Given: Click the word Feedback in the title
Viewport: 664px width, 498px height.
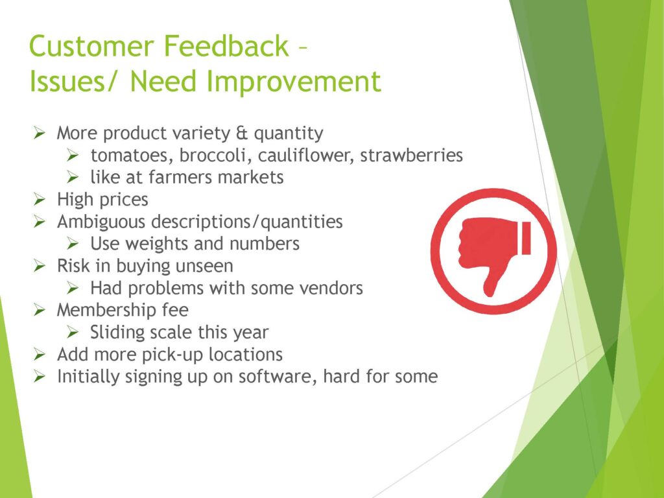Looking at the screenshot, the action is [226, 46].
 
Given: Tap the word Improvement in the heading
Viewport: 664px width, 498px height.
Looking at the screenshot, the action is [294, 81].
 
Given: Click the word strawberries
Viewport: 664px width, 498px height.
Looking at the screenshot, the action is [411, 155].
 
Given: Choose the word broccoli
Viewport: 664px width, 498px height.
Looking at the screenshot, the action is [213, 155].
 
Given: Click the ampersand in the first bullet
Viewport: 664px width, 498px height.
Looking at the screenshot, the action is [241, 134].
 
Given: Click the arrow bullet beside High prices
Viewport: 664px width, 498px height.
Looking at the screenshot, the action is [40, 199].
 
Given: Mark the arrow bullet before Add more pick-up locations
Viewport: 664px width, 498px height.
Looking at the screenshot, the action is [40, 354].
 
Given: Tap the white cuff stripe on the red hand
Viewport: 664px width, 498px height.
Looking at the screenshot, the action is [527, 238].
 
